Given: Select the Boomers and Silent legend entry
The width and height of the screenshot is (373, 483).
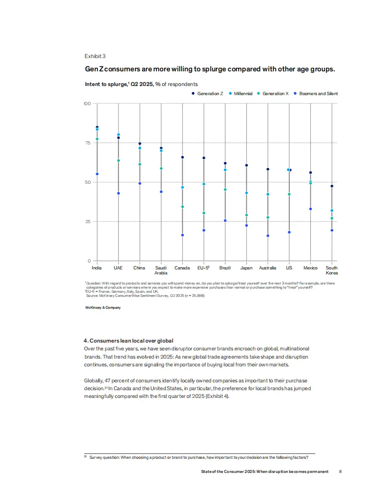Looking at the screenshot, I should coord(319,94).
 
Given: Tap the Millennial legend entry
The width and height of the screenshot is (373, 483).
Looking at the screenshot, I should coord(243,94).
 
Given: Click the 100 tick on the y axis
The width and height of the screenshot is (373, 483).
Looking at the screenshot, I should coord(86,104).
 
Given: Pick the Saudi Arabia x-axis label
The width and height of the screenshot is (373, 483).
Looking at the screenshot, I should coord(161,270).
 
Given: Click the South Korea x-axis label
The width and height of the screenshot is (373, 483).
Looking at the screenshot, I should coord(332,270).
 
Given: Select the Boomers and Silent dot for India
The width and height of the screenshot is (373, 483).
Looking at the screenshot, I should coord(97,174).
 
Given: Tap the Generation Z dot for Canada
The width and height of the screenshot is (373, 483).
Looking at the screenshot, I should coord(182,157).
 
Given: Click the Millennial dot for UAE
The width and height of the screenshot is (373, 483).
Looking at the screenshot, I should coord(118,135).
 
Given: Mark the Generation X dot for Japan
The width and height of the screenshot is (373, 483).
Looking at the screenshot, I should coord(246,215).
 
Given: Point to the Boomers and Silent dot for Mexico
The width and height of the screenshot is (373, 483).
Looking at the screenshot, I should coord(310,209).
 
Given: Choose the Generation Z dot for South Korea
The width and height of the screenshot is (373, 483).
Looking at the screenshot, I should coord(332,186).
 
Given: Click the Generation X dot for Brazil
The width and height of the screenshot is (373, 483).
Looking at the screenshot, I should coord(225,189).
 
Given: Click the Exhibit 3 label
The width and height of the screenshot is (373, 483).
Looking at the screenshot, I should coord(95,56).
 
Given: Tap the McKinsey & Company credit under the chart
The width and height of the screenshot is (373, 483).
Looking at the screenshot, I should coord(103,308).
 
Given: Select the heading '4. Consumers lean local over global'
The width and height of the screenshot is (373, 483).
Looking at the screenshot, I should coord(128,341).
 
